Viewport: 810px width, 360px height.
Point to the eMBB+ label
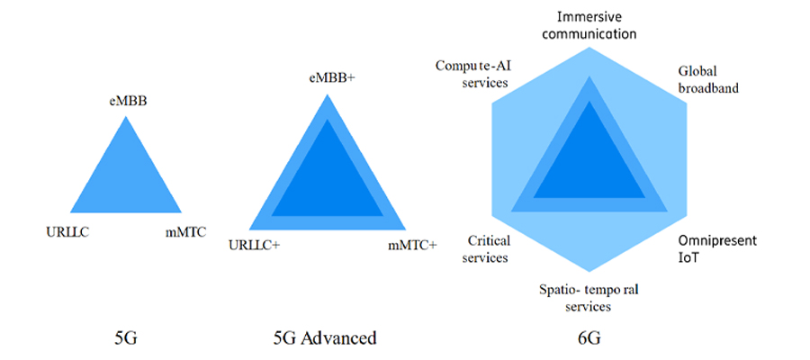pos(332,78)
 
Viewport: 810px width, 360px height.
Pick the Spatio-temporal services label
pos(588,298)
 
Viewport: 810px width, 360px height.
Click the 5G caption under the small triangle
pos(125,338)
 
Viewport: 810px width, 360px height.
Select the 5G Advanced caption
pos(324,338)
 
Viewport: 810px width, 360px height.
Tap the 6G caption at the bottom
pos(589,338)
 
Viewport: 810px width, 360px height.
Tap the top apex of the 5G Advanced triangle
pos(328,94)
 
